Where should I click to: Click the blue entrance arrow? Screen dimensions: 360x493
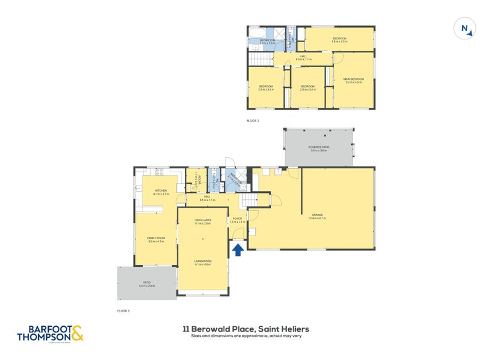click(238, 249)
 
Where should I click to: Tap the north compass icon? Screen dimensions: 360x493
click(465, 28)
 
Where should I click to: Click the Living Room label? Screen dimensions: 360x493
click(203, 263)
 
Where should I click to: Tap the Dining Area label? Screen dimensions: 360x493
click(203, 221)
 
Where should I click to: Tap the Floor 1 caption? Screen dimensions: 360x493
click(124, 311)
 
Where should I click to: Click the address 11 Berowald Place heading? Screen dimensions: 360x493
click(245, 329)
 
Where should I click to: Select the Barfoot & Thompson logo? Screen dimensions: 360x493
click(49, 333)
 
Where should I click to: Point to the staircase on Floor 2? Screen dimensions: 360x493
click(261, 59)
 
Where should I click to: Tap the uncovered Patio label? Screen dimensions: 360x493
click(147, 284)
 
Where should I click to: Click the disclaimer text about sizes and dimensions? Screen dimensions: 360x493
click(245, 337)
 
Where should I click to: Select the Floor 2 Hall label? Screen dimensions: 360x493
click(303, 58)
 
